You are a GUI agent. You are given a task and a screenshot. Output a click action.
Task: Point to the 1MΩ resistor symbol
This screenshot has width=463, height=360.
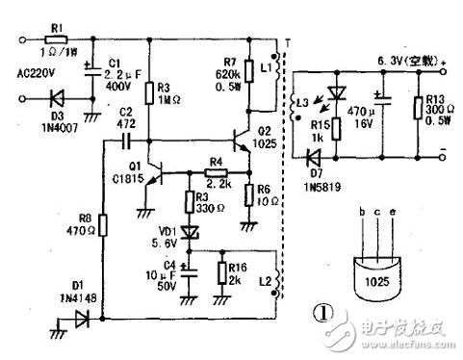pos(149,92)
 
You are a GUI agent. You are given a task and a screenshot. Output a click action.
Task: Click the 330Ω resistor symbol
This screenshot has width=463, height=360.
pos(189,201)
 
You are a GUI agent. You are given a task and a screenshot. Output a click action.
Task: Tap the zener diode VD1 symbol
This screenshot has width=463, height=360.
pos(189,232)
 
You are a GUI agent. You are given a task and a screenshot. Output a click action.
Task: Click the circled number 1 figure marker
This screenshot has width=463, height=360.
pos(331,312)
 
